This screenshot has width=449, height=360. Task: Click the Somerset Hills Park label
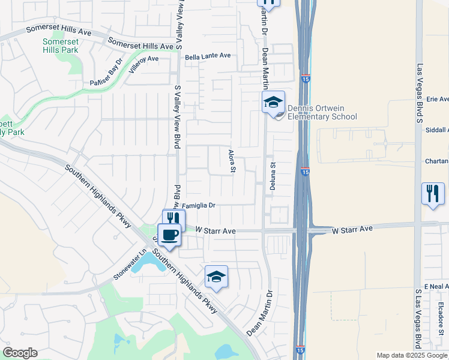61,46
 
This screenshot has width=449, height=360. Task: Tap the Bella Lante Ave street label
208,56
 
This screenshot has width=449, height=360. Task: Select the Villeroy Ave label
144,59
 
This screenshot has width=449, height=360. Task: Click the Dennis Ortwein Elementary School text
322,112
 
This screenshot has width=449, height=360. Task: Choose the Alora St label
232,160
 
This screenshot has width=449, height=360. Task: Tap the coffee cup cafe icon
169,235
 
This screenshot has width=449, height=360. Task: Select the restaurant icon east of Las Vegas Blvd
433,194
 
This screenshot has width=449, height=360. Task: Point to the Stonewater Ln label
130,265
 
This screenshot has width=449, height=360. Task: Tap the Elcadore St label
440,317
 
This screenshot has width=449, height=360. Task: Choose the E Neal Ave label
436,287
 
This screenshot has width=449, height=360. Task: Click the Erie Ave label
437,99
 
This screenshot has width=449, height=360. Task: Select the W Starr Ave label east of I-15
352,229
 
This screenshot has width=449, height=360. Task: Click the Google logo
20,353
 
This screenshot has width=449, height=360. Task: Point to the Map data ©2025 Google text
412,355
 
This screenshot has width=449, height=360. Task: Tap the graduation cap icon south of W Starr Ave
216,277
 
